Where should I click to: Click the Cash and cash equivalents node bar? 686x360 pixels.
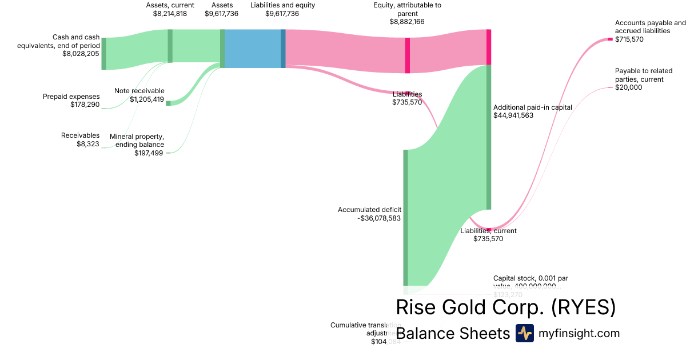[103, 54]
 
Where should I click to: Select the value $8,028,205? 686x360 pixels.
[81, 54]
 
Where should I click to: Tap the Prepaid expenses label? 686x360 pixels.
[71, 97]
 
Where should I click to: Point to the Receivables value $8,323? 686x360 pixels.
[88, 144]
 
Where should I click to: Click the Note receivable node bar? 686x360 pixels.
[168, 103]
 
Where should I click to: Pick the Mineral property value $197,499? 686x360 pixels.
[149, 153]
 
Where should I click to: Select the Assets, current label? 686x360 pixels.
[170, 5]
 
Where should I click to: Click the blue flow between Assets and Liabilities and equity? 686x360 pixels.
[253, 49]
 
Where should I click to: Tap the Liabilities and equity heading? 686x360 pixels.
[282, 5]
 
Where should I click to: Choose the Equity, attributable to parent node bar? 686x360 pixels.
[408, 55]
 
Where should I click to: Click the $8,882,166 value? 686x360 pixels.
[407, 22]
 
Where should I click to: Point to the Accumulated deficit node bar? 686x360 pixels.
[405, 217]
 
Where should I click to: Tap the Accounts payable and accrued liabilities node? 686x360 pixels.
[610, 39]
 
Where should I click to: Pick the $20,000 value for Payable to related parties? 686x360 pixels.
[629, 87]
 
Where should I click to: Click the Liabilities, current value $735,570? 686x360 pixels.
[488, 239]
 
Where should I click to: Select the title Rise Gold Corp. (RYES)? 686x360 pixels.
[505, 307]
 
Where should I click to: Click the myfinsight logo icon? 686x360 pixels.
[524, 333]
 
